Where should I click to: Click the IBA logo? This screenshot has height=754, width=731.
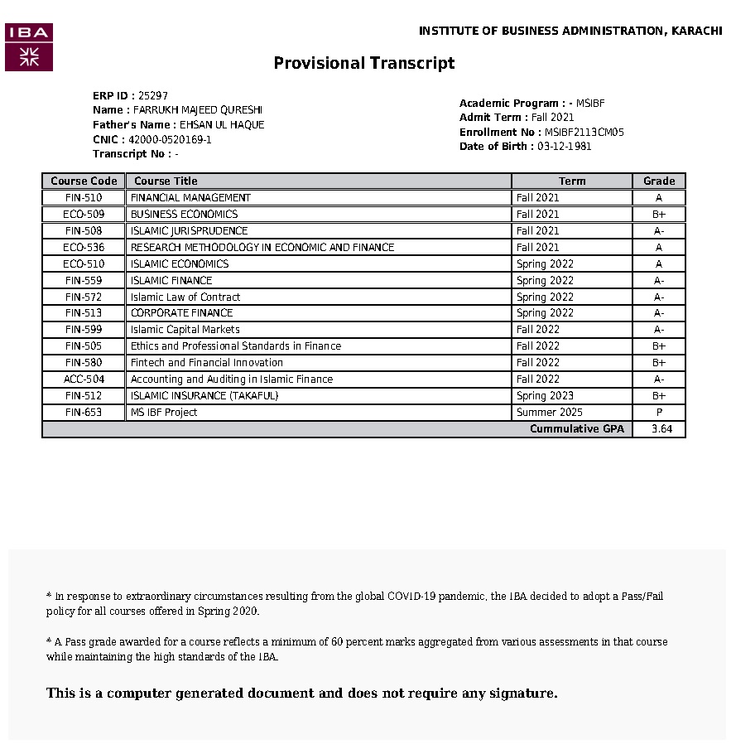click(x=29, y=47)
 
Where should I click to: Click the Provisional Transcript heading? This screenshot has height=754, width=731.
click(x=364, y=63)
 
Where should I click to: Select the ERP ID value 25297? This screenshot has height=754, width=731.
click(x=153, y=95)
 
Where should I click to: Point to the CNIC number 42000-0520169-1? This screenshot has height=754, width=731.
click(x=170, y=140)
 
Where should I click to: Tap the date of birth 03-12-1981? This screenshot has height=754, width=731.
click(x=565, y=147)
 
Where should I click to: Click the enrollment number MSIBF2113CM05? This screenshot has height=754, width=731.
click(x=584, y=133)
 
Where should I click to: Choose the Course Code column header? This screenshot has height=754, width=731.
click(x=84, y=181)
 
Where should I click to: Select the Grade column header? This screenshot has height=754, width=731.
click(x=659, y=181)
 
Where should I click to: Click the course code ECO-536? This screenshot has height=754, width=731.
click(x=84, y=248)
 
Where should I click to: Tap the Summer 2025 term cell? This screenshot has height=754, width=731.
click(x=549, y=413)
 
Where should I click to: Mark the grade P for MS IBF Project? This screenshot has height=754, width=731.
click(x=659, y=413)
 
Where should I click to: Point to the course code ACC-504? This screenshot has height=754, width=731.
click(x=84, y=379)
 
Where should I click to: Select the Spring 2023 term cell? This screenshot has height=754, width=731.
click(x=545, y=396)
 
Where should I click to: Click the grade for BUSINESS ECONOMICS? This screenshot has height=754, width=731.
click(x=659, y=215)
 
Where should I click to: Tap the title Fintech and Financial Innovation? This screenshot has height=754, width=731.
click(x=207, y=363)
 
